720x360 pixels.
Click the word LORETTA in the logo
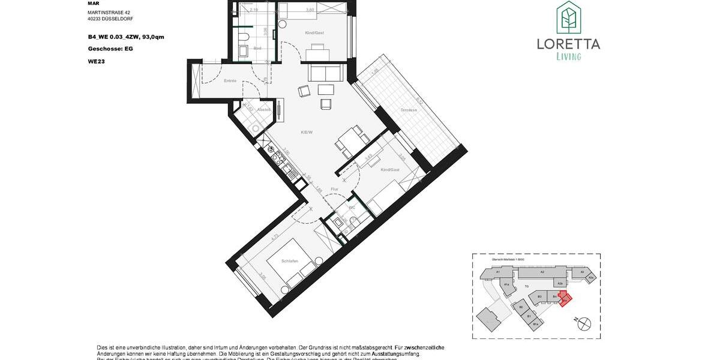point(568,44)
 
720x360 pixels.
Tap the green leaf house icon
point(567,17)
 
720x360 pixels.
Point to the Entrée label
point(230,81)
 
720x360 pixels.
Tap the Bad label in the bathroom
point(257,48)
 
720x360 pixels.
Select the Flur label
point(334,189)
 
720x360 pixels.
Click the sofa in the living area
point(326,73)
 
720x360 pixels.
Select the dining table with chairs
point(351,140)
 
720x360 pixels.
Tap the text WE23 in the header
point(96,61)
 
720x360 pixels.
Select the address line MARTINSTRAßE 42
point(108,12)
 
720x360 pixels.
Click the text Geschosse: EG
point(110,49)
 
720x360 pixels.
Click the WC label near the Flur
point(352,208)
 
